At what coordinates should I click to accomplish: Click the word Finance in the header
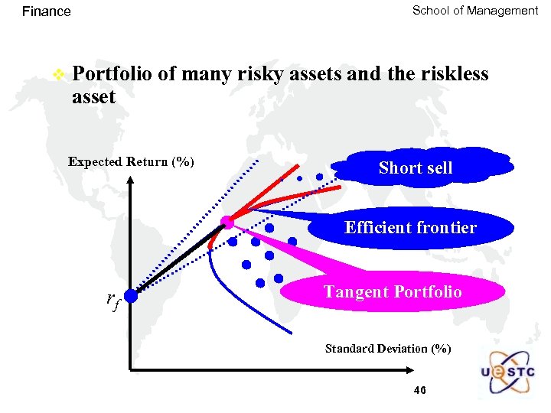[x=46, y=11]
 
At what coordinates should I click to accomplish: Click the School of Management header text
[x=474, y=11]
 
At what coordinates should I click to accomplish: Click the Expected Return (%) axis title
[x=131, y=162]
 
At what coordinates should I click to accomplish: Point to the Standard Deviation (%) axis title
[x=388, y=349]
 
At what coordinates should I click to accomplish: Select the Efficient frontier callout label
[x=410, y=227]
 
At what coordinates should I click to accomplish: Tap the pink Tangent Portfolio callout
[x=393, y=292]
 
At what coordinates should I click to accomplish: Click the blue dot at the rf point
[x=131, y=295]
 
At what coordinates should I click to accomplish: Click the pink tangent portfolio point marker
[x=227, y=223]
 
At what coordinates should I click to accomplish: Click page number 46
[x=419, y=391]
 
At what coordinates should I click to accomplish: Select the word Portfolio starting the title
[x=114, y=75]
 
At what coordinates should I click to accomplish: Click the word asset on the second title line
[x=93, y=97]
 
